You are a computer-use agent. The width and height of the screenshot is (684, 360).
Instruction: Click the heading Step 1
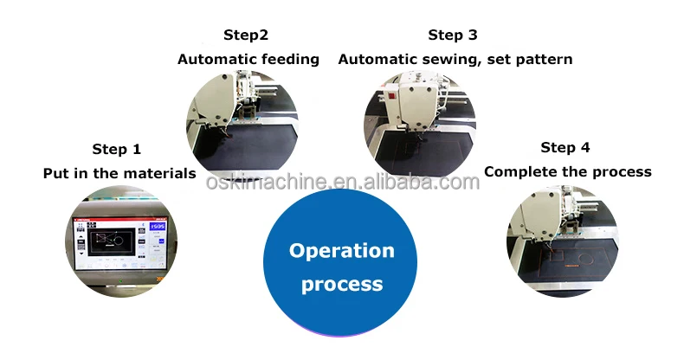pos(116,149)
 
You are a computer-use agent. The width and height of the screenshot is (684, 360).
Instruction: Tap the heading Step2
pos(246,35)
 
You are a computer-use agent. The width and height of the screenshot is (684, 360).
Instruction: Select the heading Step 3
pos(452,35)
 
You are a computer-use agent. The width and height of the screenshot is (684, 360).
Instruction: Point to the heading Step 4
pos(565,147)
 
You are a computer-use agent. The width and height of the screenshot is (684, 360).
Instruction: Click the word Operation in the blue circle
pos(341,251)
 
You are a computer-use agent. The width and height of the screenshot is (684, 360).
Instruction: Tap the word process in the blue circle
pos(341,284)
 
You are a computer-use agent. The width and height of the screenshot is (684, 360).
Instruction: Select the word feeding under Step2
pos(290,60)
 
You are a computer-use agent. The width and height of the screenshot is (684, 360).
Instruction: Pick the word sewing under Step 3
pos(479,60)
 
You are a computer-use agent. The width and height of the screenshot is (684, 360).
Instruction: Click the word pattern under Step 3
pos(546,60)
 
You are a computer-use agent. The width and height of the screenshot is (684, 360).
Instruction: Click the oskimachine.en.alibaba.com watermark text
pos(342,183)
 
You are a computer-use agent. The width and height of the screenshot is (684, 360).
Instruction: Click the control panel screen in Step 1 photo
pos(118,243)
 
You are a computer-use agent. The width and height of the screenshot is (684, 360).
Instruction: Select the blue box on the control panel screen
pos(157,227)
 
